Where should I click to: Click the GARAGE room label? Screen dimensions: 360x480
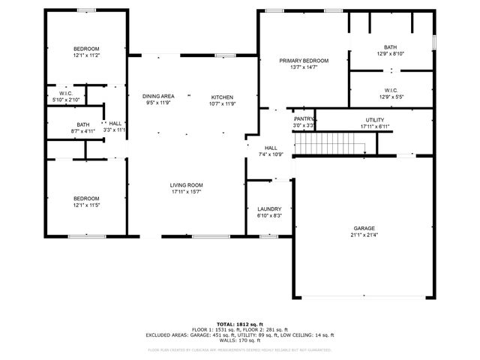coord(364,228)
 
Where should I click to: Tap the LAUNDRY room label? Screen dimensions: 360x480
coord(268,208)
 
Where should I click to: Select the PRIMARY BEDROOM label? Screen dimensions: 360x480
coord(304,60)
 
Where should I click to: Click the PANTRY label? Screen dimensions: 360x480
coord(304,118)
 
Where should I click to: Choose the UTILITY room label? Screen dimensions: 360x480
coord(374,119)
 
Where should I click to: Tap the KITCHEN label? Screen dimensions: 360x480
coord(222,97)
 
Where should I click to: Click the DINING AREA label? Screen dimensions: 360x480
coord(158,96)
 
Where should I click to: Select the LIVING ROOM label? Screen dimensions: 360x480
coord(187,184)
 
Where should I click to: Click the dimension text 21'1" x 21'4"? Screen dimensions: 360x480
coord(364,235)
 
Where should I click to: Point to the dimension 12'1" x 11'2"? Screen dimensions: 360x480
coord(87,55)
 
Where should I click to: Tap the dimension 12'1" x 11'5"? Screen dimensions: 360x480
coord(87,205)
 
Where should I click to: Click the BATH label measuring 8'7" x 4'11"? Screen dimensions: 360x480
coord(83,124)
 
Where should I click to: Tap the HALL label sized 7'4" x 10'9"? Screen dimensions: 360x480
coord(271,148)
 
